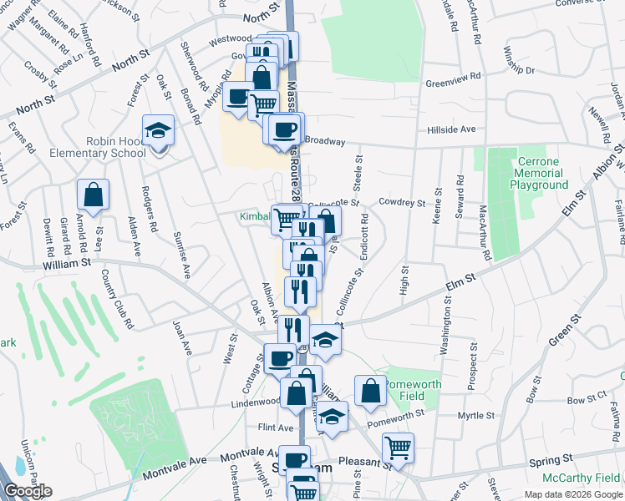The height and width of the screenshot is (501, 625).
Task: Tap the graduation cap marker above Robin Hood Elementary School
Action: [x=158, y=131]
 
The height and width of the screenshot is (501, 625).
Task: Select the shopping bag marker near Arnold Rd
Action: [x=93, y=195]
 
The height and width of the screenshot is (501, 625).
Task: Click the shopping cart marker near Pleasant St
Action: [x=399, y=448]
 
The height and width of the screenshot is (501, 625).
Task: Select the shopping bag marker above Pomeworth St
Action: [x=370, y=391]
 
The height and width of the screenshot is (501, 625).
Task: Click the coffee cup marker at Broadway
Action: [x=285, y=129]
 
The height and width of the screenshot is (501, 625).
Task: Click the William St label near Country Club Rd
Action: [x=68, y=262]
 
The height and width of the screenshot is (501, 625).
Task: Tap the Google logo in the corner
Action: [x=27, y=491]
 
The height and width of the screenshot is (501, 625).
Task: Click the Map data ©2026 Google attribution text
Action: [x=573, y=494]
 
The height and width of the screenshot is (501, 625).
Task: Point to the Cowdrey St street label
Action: [x=402, y=202]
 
